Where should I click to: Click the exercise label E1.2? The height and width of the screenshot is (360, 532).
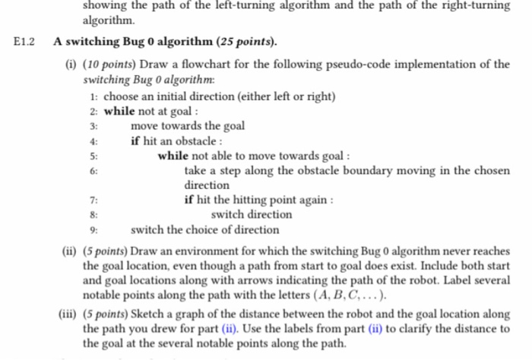point(26,42)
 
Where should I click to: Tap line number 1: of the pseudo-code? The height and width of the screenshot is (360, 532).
point(93,96)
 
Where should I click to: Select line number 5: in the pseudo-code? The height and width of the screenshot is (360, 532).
point(93,156)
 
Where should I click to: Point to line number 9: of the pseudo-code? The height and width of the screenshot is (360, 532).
point(93,229)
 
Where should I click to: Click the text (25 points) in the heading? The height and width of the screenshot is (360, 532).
point(246,42)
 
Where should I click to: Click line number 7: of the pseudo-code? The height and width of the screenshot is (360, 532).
point(93,201)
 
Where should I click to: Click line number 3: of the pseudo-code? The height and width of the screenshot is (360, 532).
point(93,126)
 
